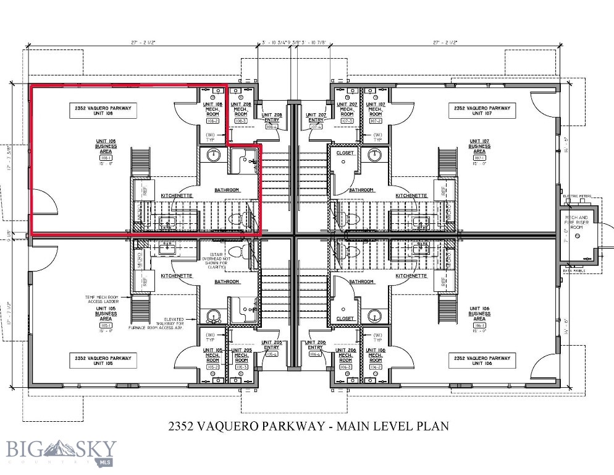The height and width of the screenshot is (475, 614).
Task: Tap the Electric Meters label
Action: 578,196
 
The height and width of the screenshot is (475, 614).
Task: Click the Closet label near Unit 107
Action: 345,153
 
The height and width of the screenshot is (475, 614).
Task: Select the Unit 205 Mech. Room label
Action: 241,356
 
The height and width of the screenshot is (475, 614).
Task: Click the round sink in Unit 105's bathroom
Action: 213,315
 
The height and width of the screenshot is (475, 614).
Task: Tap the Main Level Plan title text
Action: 308,426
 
